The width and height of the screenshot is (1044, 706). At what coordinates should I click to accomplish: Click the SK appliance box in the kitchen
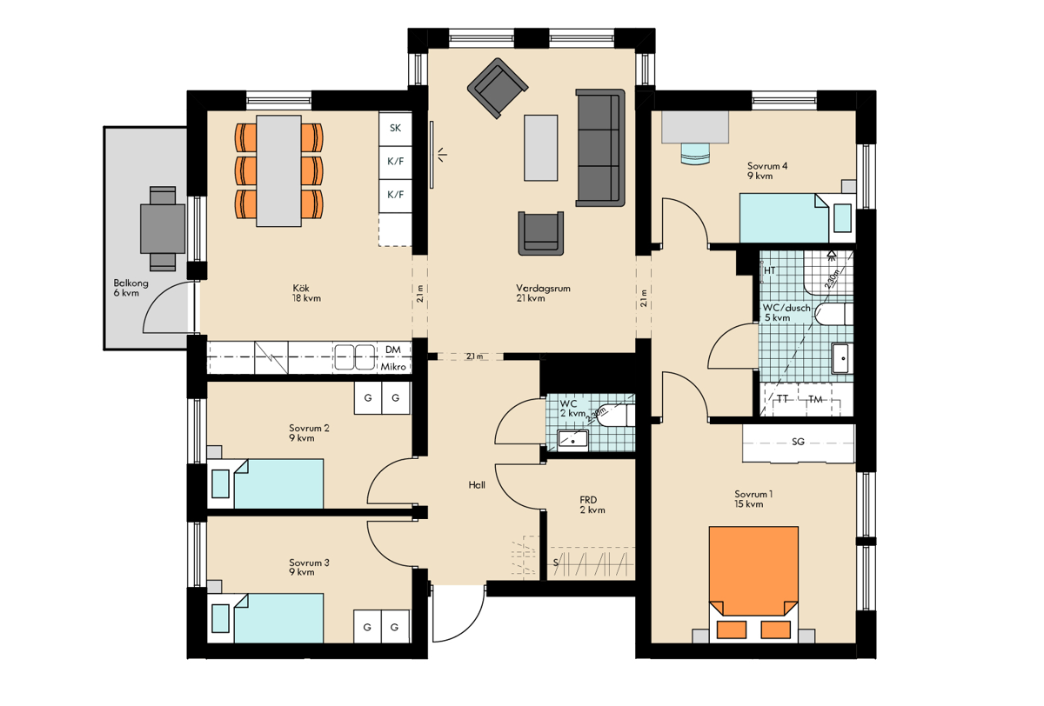pyautogui.click(x=395, y=128)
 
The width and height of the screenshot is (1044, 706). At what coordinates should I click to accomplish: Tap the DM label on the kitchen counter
pyautogui.click(x=393, y=350)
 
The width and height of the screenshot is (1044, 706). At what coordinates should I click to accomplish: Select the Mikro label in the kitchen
pyautogui.click(x=393, y=367)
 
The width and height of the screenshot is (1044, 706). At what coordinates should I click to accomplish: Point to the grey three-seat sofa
pyautogui.click(x=600, y=148)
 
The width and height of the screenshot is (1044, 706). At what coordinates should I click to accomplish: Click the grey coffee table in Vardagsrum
pyautogui.click(x=540, y=148)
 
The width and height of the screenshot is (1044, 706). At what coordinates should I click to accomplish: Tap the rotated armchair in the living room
pyautogui.click(x=498, y=88)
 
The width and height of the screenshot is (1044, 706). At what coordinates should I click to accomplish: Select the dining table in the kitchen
pyautogui.click(x=278, y=171)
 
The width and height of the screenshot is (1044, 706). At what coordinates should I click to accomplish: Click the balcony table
pyautogui.click(x=163, y=230)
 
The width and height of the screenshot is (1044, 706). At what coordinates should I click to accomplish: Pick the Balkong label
pyautogui.click(x=131, y=283)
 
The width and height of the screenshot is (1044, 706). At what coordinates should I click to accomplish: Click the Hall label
pyautogui.click(x=477, y=485)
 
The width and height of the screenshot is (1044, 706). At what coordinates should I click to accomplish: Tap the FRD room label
pyautogui.click(x=588, y=500)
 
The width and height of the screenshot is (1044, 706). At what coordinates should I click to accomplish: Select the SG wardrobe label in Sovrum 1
pyautogui.click(x=798, y=442)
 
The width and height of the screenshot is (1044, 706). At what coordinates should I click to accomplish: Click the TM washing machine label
pyautogui.click(x=815, y=399)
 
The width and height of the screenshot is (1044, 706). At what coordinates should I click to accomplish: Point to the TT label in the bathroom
pyautogui.click(x=782, y=399)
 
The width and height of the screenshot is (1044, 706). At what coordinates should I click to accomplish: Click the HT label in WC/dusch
pyautogui.click(x=769, y=270)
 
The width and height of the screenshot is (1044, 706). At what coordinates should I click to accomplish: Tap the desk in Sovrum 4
pyautogui.click(x=695, y=127)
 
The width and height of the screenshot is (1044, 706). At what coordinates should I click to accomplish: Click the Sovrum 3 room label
pyautogui.click(x=309, y=563)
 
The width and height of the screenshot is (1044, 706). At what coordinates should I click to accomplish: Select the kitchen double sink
pyautogui.click(x=355, y=357)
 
